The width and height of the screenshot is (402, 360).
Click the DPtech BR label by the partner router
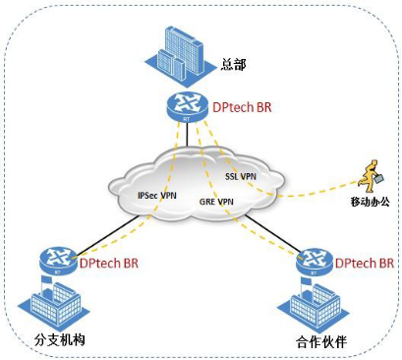tap(365, 264)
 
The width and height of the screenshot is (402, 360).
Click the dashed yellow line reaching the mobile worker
tap(315, 190)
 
